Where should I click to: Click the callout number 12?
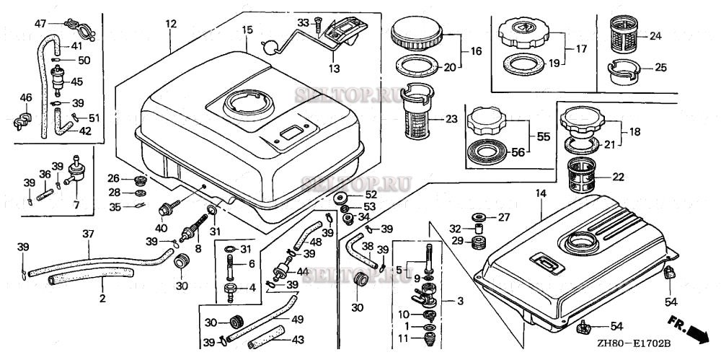[x=171, y=25]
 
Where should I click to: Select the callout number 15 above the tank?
[x=247, y=30]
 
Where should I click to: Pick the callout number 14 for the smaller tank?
[x=541, y=194]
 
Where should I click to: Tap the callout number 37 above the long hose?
[x=89, y=234]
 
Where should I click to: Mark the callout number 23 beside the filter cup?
[x=451, y=119]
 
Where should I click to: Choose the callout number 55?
[x=543, y=135]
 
